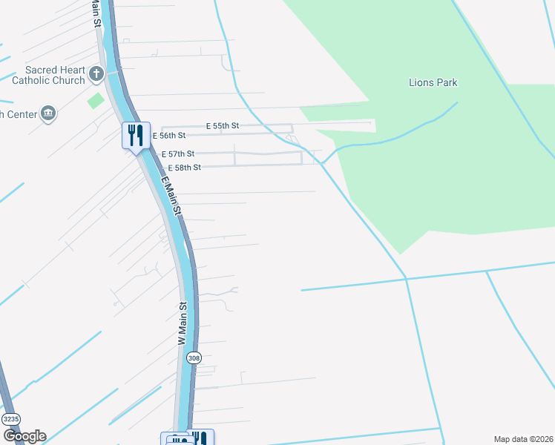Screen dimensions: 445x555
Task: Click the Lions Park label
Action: click(x=433, y=83)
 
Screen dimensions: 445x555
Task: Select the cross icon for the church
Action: click(x=96, y=73)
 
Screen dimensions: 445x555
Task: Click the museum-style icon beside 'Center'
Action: click(x=49, y=113)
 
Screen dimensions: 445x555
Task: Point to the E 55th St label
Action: click(x=223, y=126)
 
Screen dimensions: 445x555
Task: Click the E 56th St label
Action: click(x=168, y=136)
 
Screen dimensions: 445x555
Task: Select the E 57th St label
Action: click(x=178, y=154)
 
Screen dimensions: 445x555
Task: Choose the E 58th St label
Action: click(x=184, y=168)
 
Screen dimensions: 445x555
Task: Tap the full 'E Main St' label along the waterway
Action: click(x=170, y=195)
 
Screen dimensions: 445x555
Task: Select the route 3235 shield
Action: click(x=10, y=419)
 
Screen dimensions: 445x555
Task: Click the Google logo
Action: click(x=24, y=436)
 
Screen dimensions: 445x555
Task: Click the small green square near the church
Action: click(x=96, y=100)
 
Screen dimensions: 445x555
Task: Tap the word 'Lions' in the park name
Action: click(x=421, y=83)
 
